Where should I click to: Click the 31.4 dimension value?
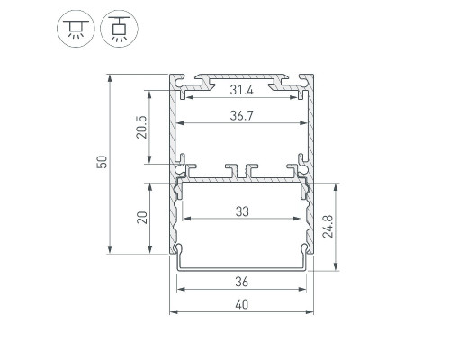coord(241,90)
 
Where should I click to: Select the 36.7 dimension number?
coord(241,115)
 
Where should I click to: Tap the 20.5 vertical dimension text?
coord(141,127)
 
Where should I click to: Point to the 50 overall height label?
coord(102,162)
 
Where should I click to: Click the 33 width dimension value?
coord(242,211)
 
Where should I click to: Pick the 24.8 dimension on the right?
coord(328,227)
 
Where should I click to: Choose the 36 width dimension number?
coord(242,282)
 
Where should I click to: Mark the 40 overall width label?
coord(242,305)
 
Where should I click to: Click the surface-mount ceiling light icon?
coord(76,29)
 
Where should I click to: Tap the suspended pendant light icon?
coord(119,29)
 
